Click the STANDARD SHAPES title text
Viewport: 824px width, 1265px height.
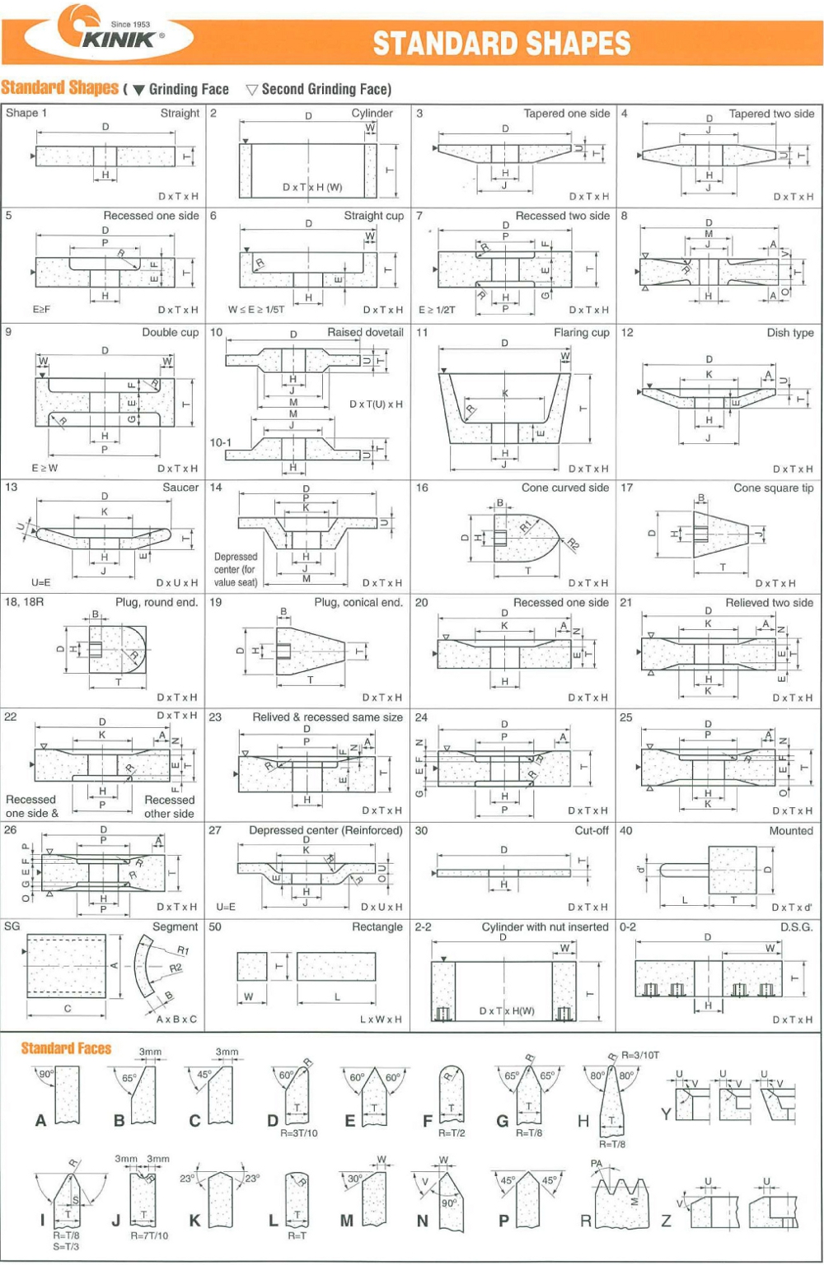pyautogui.click(x=502, y=43)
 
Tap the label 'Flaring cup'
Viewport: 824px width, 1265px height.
pyautogui.click(x=581, y=333)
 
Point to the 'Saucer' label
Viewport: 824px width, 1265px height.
pyautogui.click(x=180, y=488)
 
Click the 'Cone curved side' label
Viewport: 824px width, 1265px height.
pyautogui.click(x=564, y=488)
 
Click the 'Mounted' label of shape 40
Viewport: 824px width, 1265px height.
pyautogui.click(x=790, y=831)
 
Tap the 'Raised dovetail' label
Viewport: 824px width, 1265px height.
pyautogui.click(x=365, y=333)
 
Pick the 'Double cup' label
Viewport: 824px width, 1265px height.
pyautogui.click(x=170, y=333)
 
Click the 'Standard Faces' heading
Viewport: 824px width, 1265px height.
pyautogui.click(x=66, y=1048)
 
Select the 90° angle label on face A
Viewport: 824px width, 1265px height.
pyautogui.click(x=46, y=1074)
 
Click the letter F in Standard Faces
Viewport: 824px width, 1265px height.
pyautogui.click(x=427, y=1121)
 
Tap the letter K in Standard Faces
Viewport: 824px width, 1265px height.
pyautogui.click(x=194, y=1221)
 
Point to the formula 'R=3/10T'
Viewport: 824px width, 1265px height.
pyautogui.click(x=640, y=1055)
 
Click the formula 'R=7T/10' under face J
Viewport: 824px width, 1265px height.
pyautogui.click(x=149, y=1235)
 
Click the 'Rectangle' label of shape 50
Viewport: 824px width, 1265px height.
pyautogui.click(x=377, y=927)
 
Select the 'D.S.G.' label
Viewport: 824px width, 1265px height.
pyautogui.click(x=796, y=927)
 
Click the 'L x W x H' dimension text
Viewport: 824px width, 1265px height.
pyautogui.click(x=381, y=1020)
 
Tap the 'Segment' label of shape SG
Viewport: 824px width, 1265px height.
pyautogui.click(x=175, y=927)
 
